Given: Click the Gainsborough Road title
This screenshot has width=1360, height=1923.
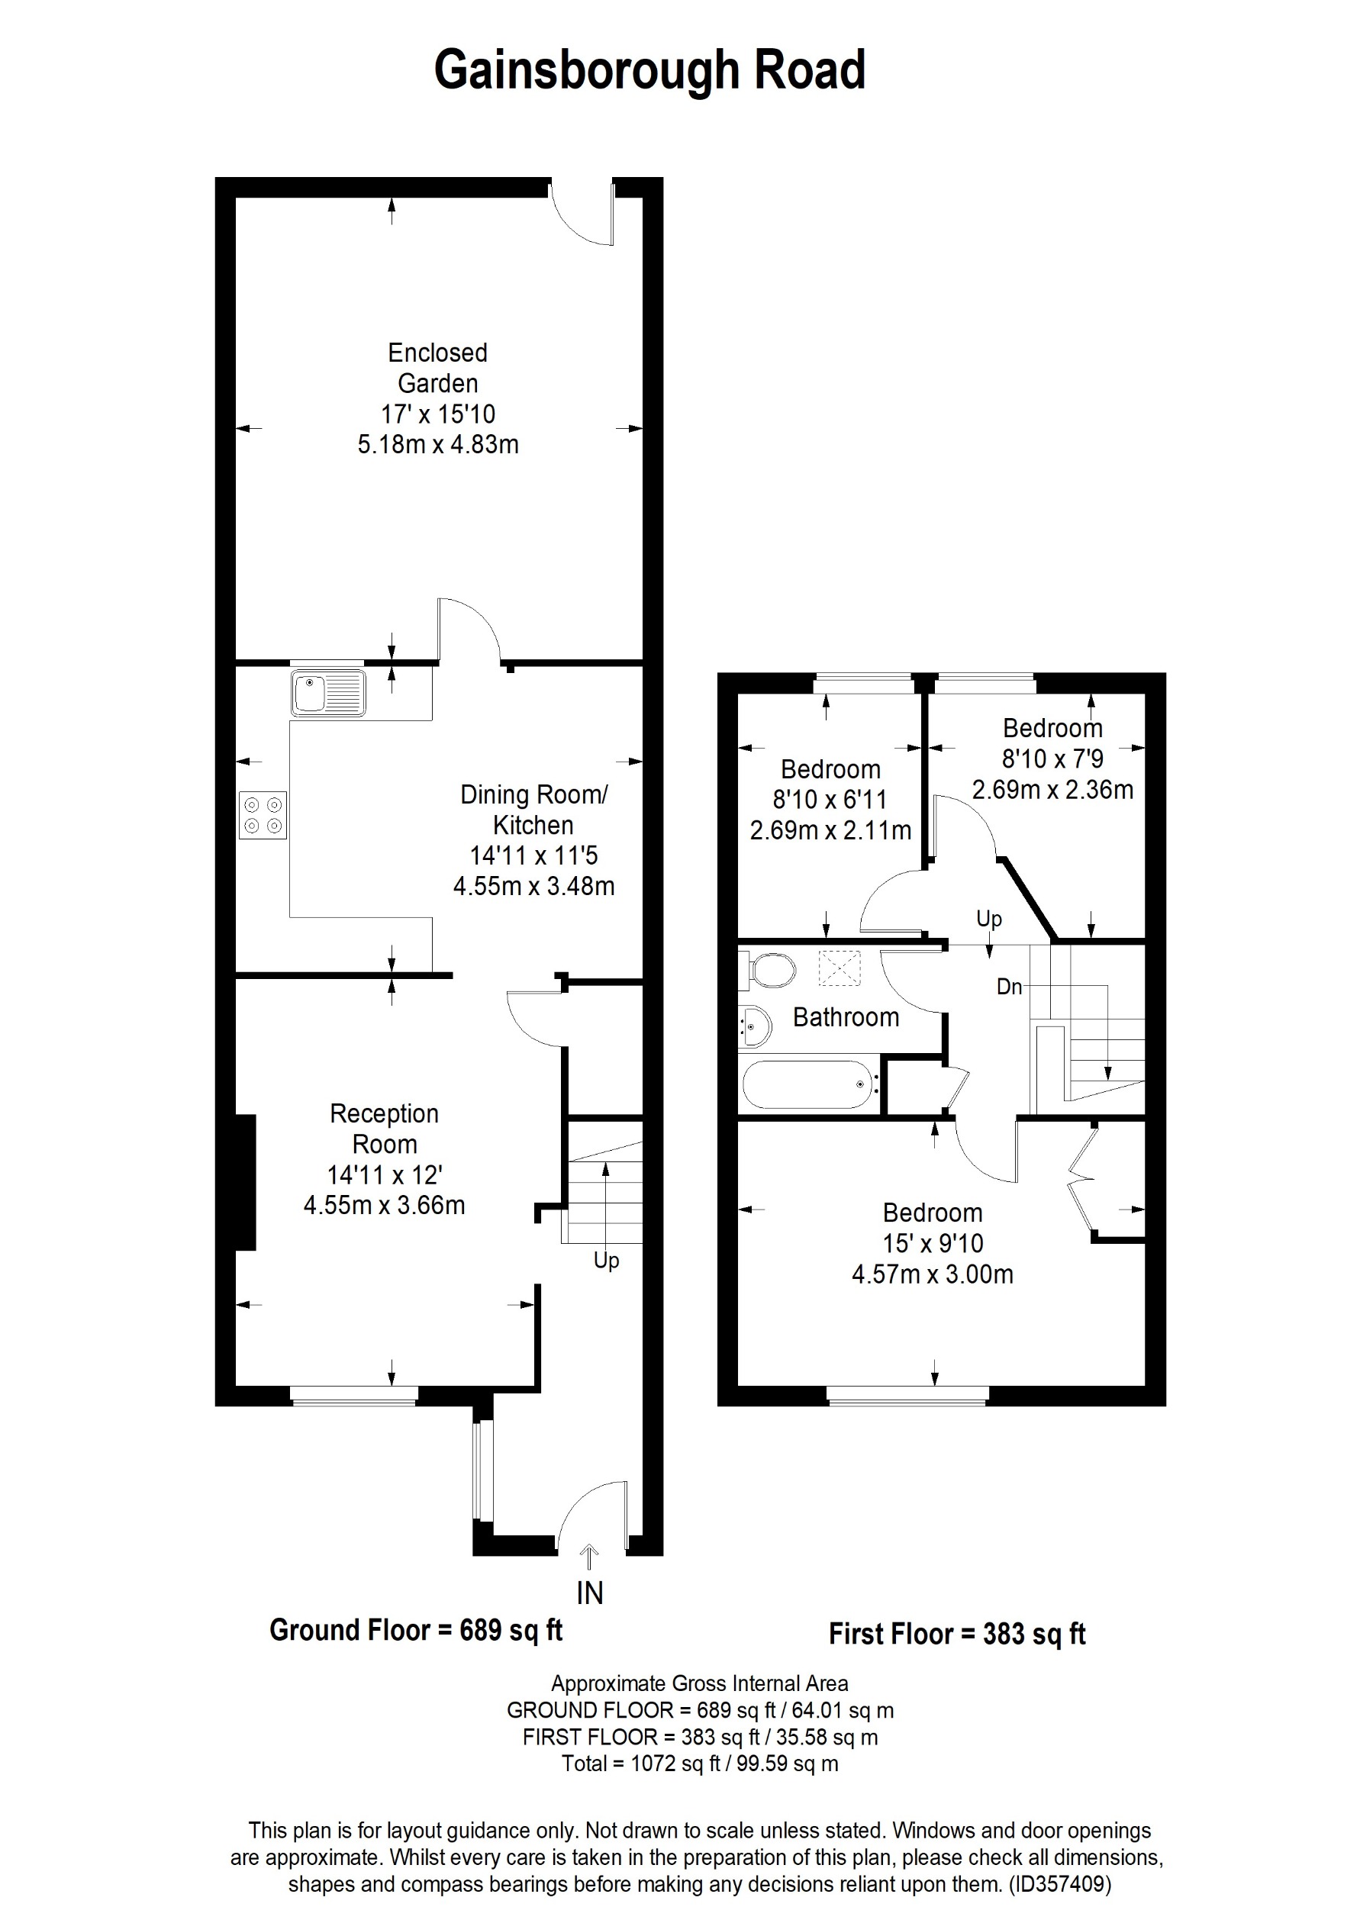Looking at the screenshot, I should pyautogui.click(x=649, y=70).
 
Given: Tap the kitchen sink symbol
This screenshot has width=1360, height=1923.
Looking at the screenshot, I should pyautogui.click(x=328, y=694).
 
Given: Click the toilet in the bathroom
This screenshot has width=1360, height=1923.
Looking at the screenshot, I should pyautogui.click(x=769, y=971).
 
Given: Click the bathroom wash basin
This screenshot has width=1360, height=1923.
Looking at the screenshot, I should pyautogui.click(x=754, y=1027).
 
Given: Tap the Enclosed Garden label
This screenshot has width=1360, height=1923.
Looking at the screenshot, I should pyautogui.click(x=437, y=368).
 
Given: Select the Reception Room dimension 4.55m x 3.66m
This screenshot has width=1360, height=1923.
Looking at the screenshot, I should pyautogui.click(x=384, y=1205).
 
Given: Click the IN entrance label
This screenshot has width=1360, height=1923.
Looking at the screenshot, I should pyautogui.click(x=589, y=1593).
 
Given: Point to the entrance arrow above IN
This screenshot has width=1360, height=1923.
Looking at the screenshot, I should pyautogui.click(x=589, y=1556).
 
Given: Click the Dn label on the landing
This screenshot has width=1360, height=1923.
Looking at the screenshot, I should pyautogui.click(x=1009, y=987).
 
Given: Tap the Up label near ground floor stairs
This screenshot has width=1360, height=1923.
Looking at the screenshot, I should pyautogui.click(x=605, y=1261).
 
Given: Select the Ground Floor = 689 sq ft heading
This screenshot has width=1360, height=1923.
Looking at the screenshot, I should pyautogui.click(x=415, y=1630).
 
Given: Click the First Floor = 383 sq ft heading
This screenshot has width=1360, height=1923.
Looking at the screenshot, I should pyautogui.click(x=956, y=1633).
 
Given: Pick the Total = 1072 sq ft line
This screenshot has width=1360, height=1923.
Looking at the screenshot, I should pyautogui.click(x=699, y=1764).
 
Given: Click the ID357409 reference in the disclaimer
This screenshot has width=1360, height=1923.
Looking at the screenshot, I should pyautogui.click(x=1060, y=1885).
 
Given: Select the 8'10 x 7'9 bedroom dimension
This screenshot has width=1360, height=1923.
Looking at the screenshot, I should pyautogui.click(x=1052, y=759).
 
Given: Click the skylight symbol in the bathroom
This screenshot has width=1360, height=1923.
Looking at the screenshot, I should pyautogui.click(x=839, y=969).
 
